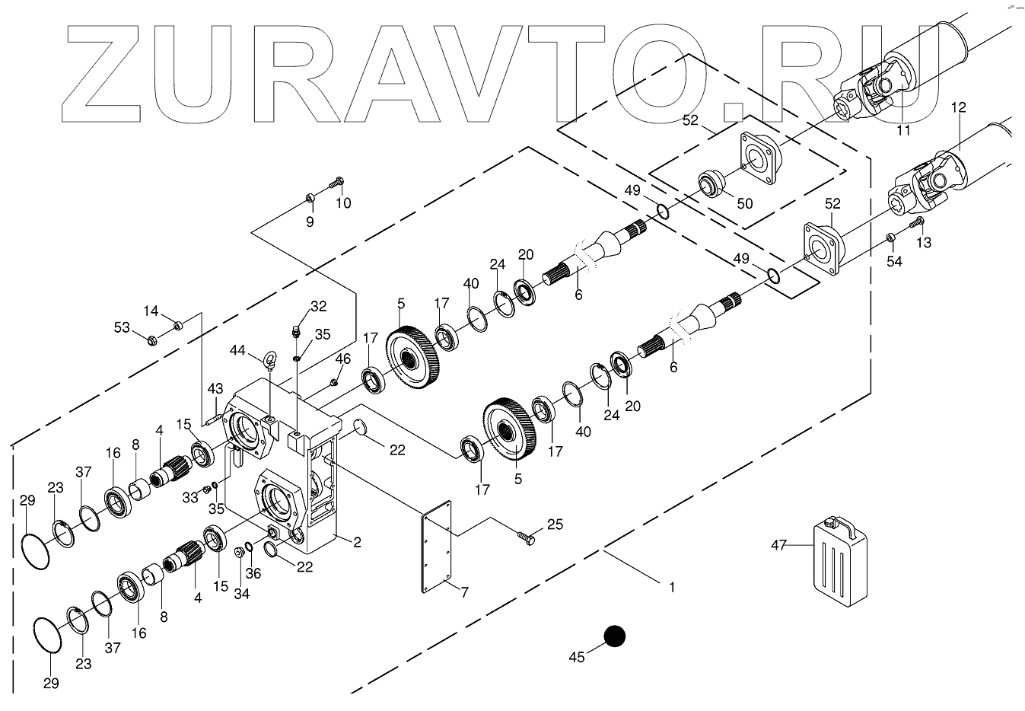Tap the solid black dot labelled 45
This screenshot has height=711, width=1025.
click(x=614, y=636)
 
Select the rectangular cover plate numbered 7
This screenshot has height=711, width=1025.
click(x=435, y=546)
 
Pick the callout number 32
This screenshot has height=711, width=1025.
click(x=319, y=307)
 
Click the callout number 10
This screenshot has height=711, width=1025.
click(x=343, y=202)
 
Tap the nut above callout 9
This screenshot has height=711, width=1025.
click(x=310, y=199)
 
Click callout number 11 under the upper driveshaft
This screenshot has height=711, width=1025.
click(x=903, y=130)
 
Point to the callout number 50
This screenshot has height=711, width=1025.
click(x=744, y=204)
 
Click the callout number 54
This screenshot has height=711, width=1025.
click(x=895, y=261)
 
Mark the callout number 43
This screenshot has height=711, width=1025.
click(x=215, y=387)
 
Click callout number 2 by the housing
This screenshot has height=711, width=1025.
click(x=356, y=542)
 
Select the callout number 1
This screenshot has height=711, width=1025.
click(x=671, y=587)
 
